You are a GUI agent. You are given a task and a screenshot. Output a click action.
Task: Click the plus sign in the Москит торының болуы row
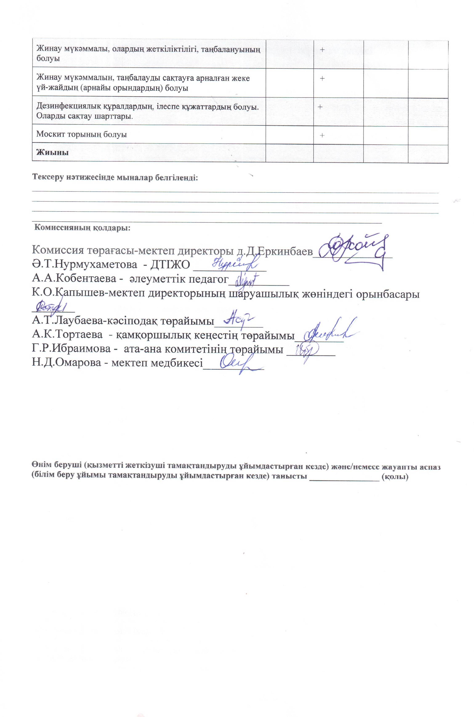pos(322,135)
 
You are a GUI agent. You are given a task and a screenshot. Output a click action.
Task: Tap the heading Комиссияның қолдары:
pos(82,228)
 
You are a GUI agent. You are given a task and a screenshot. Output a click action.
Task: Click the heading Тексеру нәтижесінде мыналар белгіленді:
pos(115,177)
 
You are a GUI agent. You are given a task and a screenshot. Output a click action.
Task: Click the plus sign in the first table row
pos(322,50)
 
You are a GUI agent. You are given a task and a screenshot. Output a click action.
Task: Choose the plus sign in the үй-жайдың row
pos(322,78)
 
